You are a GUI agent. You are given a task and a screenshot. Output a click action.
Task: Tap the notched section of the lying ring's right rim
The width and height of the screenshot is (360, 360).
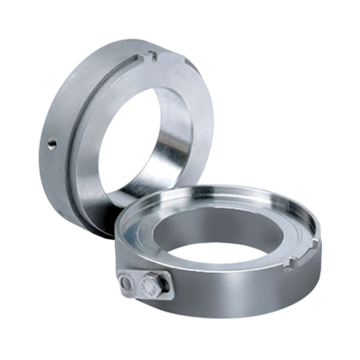click(x=302, y=257)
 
